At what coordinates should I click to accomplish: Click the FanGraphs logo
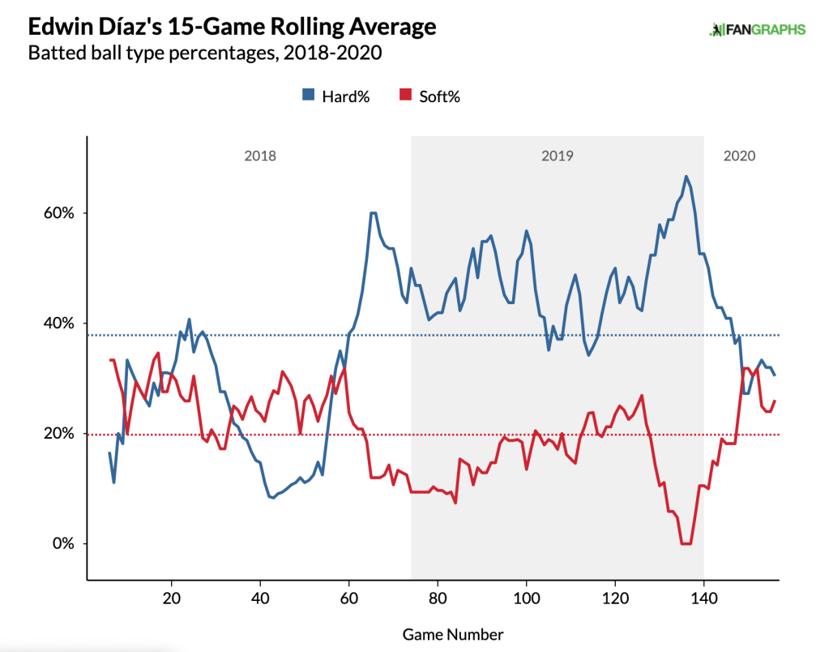(x=757, y=30)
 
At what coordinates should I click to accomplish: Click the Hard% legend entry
(x=336, y=96)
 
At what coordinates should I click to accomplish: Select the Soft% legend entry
(x=431, y=96)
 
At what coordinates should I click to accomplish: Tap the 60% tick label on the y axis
(x=58, y=212)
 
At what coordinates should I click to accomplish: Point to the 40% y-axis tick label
(x=58, y=323)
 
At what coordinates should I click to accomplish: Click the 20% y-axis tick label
(x=58, y=433)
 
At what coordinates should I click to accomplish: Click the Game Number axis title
(x=452, y=634)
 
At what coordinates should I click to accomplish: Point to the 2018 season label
(x=260, y=155)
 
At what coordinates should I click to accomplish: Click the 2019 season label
(x=558, y=155)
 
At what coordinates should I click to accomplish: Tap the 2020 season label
(x=740, y=155)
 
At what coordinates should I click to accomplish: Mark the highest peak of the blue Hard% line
(x=686, y=176)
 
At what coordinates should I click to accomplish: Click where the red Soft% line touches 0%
(x=686, y=543)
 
